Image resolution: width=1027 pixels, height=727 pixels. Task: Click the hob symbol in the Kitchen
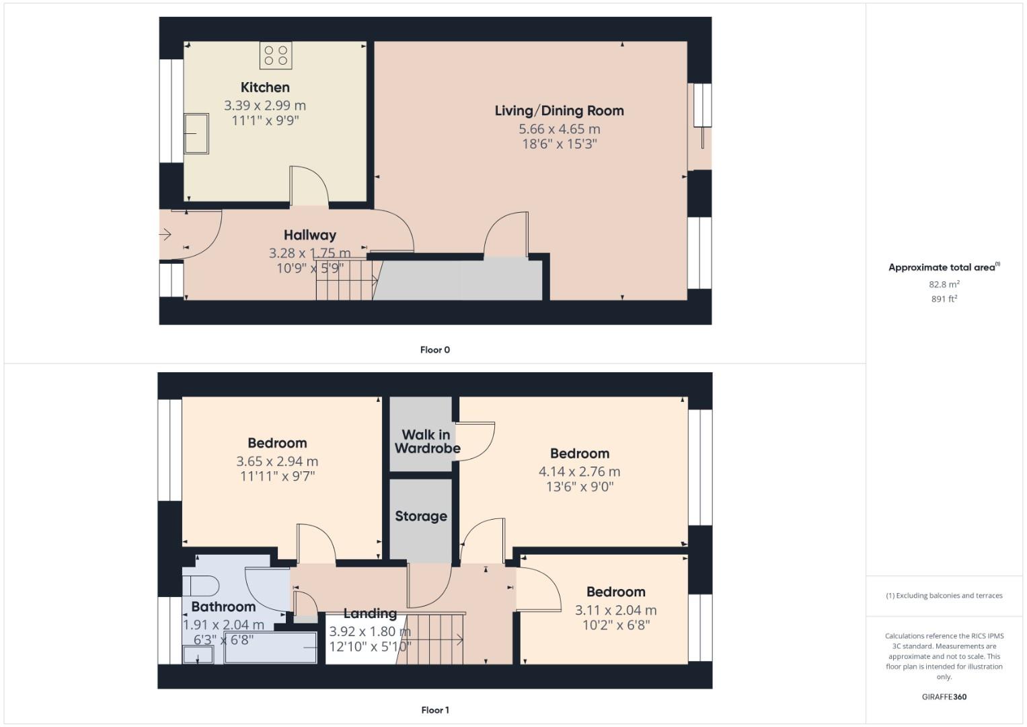[276, 55]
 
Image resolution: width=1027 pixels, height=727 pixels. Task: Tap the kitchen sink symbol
[196, 133]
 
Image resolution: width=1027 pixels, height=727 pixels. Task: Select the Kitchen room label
[265, 88]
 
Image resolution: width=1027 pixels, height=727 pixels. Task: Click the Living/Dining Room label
[559, 111]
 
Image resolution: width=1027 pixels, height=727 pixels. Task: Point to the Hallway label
[309, 235]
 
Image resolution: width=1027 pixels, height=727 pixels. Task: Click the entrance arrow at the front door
[165, 234]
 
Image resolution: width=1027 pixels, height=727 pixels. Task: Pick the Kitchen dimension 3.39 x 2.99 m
[265, 106]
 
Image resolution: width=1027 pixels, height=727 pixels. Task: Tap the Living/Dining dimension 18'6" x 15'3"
[559, 144]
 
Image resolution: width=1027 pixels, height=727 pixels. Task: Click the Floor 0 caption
[434, 350]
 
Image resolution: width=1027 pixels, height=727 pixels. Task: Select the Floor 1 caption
[434, 710]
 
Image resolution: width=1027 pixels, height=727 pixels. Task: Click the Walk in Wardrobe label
[426, 442]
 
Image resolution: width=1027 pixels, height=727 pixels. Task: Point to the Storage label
[421, 516]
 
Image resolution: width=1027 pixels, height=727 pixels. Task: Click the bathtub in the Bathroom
[270, 648]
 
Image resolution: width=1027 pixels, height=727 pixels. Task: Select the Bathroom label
[223, 607]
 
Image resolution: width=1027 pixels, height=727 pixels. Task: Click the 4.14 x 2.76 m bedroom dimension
[579, 472]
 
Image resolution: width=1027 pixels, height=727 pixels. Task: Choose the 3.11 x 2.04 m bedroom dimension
[615, 611]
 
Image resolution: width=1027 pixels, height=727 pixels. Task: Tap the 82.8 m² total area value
[944, 285]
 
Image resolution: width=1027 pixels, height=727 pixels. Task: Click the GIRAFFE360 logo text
[944, 697]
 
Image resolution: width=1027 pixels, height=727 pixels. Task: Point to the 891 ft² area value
[944, 299]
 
